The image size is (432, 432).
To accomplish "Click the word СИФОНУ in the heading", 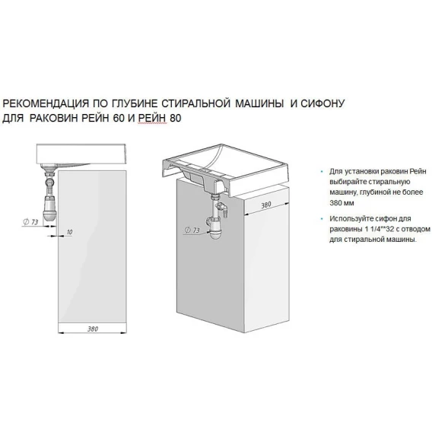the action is pos(322,103).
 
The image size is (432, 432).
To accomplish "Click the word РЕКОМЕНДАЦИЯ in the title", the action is pos(46,103).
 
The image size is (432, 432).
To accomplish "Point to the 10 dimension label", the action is pos(69,232).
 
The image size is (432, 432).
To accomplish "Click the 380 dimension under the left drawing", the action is pos(93,329).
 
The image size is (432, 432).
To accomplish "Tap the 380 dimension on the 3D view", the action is pos(266,205).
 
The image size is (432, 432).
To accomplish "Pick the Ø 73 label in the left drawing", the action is pos(30,222).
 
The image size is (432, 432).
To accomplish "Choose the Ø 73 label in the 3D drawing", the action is pos(192,230).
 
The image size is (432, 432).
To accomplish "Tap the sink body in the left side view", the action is pos(81,154).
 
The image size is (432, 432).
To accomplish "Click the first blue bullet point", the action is pos(322,172).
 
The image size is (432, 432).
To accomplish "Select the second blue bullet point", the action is pos(322,219).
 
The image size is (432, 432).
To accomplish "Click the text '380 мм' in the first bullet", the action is pos(341,203).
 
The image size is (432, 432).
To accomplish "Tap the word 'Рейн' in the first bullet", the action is pos(418,171).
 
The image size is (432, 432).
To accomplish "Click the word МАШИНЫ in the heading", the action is pos(259,103).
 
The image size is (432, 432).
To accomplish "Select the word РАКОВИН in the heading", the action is pos(53,118).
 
